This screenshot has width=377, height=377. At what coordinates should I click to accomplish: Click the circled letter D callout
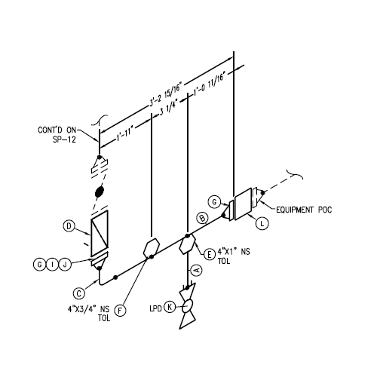pyautogui.click(x=69, y=226)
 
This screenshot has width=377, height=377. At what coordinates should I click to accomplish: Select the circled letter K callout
pyautogui.click(x=170, y=307)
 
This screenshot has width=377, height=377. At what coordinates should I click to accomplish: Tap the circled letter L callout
pyautogui.click(x=262, y=223)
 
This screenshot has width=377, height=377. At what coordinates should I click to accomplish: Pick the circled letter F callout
pyautogui.click(x=120, y=311)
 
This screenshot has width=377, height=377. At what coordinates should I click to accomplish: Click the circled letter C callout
pyautogui.click(x=79, y=293)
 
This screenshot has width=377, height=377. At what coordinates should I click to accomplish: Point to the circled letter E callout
pyautogui.click(x=209, y=254)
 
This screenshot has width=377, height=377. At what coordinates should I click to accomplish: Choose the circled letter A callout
pyautogui.click(x=197, y=270)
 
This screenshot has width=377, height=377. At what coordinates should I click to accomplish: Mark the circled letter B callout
pyautogui.click(x=202, y=218)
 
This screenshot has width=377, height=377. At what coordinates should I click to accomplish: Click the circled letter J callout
pyautogui.click(x=65, y=265)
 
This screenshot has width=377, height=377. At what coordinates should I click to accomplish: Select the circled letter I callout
pyautogui.click(x=52, y=265)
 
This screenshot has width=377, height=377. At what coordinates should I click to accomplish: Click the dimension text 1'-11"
pyautogui.click(x=124, y=134)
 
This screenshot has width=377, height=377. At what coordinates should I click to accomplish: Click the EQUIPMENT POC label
pyautogui.click(x=304, y=210)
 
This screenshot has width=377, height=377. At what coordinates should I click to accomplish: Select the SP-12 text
pyautogui.click(x=64, y=139)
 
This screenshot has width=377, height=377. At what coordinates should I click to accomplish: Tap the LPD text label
pyautogui.click(x=155, y=308)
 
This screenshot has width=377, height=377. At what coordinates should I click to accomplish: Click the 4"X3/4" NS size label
pyautogui.click(x=89, y=309)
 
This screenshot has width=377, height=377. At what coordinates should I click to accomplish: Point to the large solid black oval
pyautogui.click(x=100, y=192)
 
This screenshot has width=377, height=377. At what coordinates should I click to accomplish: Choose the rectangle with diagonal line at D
pyautogui.click(x=100, y=232)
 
